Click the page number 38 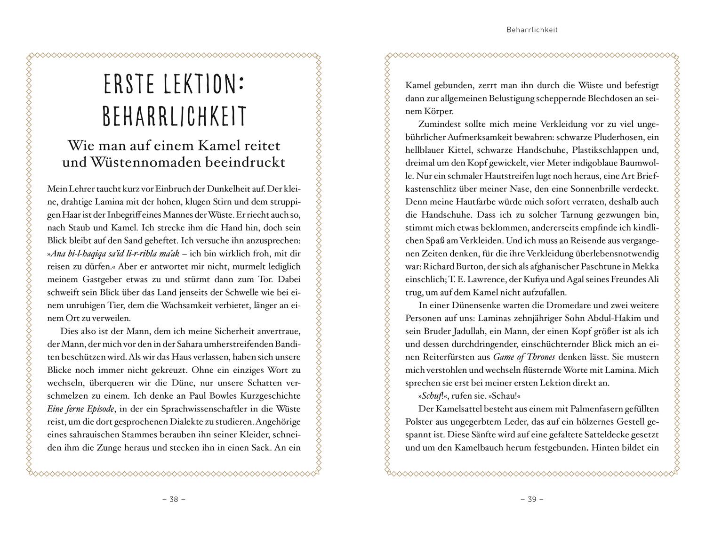click(x=174, y=499)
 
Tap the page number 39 click(x=532, y=499)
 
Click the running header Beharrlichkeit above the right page click(x=532, y=30)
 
